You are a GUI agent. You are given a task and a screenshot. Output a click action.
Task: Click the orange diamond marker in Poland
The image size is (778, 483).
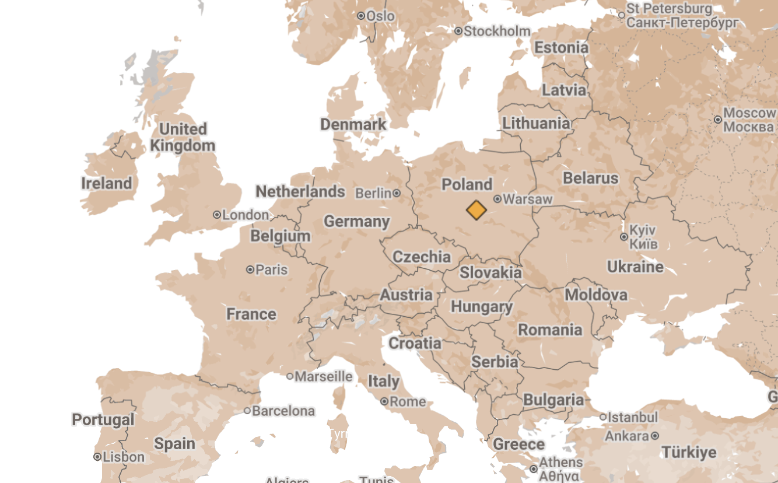tap(476, 210)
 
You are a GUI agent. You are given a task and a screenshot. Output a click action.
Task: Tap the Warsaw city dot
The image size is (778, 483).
tap(497, 199)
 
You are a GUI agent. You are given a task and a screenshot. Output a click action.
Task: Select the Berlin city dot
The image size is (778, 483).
tap(397, 193)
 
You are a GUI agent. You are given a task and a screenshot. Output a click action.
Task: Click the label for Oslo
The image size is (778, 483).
tap(380, 16)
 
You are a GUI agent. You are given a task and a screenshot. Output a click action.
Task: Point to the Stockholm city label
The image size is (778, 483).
tap(497, 31)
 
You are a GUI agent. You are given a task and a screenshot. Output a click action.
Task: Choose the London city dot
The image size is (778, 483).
tap(217, 215)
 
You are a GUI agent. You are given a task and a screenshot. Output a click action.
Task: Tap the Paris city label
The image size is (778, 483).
tap(272, 269)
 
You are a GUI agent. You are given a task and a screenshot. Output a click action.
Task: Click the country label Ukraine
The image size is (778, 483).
tap(635, 267)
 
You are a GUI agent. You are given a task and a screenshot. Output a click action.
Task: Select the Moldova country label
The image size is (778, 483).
tap(596, 295)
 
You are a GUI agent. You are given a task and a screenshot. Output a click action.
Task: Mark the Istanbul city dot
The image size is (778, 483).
tap(603, 417)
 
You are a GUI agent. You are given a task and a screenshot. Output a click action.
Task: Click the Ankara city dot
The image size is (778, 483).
tap(656, 436)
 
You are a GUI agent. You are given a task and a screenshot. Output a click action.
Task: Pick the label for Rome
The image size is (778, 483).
tap(408, 401)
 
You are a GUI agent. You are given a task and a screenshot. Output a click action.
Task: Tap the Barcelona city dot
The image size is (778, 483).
tap(247, 411)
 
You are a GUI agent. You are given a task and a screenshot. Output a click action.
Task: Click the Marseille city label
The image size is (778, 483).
tap(324, 376)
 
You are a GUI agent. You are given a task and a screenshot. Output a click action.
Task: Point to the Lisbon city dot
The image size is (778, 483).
tap(97, 457)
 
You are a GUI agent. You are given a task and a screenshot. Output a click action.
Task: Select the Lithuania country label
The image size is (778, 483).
tap(536, 123)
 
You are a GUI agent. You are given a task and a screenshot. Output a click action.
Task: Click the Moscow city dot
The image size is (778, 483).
tap(718, 120)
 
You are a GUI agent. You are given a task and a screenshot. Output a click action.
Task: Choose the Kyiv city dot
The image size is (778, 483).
tap(624, 237)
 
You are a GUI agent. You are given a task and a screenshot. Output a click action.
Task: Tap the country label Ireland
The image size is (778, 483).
tap(107, 183)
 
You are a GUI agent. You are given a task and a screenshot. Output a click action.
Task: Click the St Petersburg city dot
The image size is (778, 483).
tap(622, 16)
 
